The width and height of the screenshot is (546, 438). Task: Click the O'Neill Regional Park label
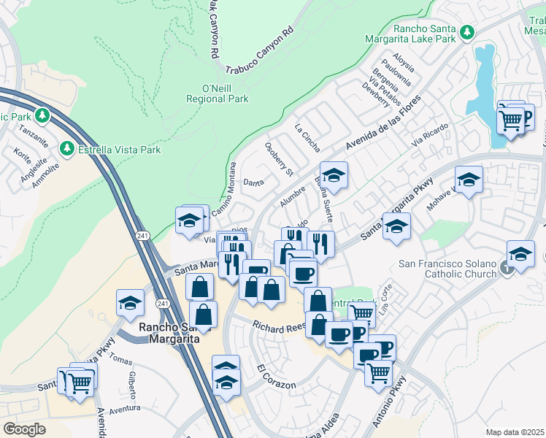217,93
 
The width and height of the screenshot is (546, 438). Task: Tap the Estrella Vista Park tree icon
67,149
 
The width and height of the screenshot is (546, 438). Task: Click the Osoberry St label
278,159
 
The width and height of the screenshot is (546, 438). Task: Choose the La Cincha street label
307,137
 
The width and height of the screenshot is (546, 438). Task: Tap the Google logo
24,429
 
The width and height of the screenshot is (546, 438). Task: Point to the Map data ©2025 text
515,432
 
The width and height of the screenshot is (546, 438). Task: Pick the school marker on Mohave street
469,180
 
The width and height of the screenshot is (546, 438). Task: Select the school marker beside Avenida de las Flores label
334,175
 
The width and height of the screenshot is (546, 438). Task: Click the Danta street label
253,182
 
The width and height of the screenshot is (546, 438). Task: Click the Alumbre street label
292,197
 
